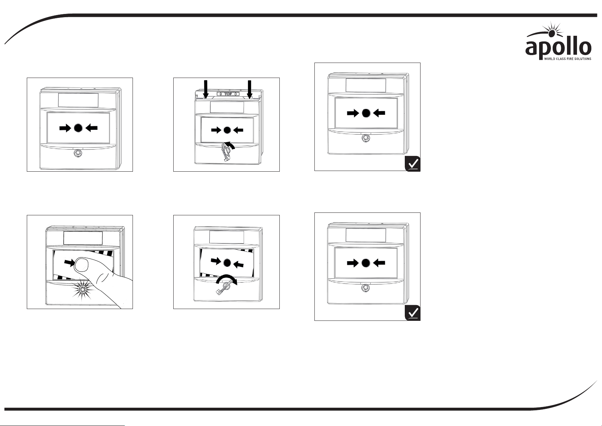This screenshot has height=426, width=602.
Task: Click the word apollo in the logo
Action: click(x=558, y=49)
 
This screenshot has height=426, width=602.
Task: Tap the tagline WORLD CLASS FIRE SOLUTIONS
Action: click(x=567, y=59)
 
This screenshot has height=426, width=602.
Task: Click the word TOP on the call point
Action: click(x=228, y=94)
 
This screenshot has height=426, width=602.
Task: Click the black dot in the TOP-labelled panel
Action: click(x=227, y=130)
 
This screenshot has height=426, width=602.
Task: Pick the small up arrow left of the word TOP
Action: click(x=220, y=94)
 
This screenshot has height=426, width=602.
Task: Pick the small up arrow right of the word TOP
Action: click(x=235, y=94)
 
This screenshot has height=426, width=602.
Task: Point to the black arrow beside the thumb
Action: click(x=69, y=263)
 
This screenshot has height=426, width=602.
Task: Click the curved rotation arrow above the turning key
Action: click(x=227, y=280)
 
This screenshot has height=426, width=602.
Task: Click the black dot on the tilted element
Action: click(x=227, y=263)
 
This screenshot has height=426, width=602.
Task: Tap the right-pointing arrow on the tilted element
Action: click(x=216, y=261)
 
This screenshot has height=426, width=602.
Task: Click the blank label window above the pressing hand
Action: click(x=83, y=238)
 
